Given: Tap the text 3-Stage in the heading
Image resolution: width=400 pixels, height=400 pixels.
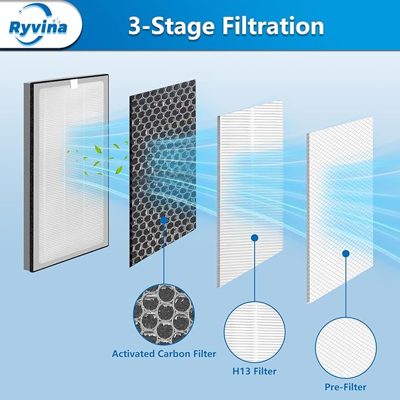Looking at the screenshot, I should click(x=156, y=26).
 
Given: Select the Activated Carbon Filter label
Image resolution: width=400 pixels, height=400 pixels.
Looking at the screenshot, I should click(x=164, y=354).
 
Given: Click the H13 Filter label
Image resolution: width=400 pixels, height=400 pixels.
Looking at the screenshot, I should click(x=254, y=371).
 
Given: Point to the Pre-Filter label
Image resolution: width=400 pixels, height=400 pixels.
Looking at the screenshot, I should click(x=345, y=387).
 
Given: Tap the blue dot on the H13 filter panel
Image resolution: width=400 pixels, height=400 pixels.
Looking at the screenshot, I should click(x=254, y=238).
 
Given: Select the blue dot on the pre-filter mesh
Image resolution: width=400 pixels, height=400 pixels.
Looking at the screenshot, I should click(x=345, y=253).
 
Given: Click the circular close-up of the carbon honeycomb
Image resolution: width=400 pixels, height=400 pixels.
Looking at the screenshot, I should click(x=164, y=314).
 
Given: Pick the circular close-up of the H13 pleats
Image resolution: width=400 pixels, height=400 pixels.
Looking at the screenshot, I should click(x=254, y=331).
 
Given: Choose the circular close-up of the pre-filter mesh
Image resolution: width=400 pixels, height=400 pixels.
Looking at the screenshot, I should click(x=345, y=348).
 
